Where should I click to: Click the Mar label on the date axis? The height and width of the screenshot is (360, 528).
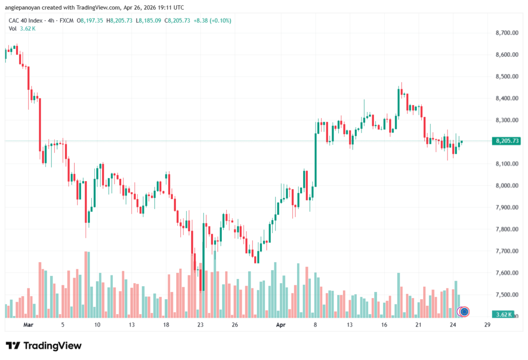pos(28,325)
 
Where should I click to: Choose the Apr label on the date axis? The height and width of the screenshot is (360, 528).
pos(281,325)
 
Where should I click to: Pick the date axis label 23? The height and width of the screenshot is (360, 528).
pos(201,325)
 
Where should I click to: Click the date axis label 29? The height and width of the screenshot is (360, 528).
pos(487,325)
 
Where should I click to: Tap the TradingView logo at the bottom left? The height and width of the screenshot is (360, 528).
pos(44,346)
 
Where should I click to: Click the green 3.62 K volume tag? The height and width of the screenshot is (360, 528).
pos(503,314)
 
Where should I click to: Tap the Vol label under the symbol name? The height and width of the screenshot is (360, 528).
pos(12,28)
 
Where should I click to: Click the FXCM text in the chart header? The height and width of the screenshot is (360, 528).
pos(65,21)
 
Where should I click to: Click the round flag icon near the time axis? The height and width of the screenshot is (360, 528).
pos(465,312)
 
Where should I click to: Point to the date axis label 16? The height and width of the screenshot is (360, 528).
pos(384,325)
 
